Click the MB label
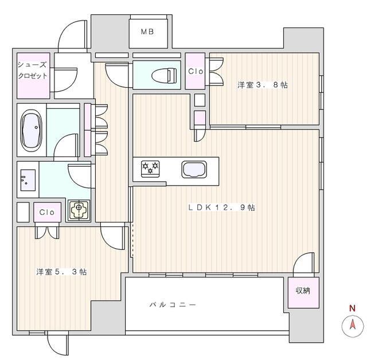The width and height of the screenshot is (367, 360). pyautogui.click(x=147, y=32)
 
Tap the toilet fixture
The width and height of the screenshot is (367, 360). pyautogui.click(x=164, y=75)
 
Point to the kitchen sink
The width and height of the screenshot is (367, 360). pyautogui.click(x=194, y=170)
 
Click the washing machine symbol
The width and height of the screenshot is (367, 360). pyautogui.click(x=79, y=210)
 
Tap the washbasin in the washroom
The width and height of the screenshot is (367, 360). pyautogui.click(x=28, y=180)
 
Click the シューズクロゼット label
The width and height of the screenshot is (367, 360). pyautogui.click(x=33, y=70)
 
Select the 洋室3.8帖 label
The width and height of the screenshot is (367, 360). pyautogui.click(x=263, y=85)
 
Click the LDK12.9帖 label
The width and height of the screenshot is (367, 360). pyautogui.click(x=222, y=208)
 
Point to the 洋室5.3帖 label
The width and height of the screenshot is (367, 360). pyautogui.click(x=61, y=272)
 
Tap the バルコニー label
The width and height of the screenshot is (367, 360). pyautogui.click(x=173, y=304)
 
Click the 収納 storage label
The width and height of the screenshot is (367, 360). pyautogui.click(x=303, y=291)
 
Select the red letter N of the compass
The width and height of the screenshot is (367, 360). pyautogui.click(x=352, y=308)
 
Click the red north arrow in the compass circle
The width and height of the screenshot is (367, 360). pyautogui.click(x=353, y=324)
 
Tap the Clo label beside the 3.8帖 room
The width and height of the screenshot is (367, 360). pyautogui.click(x=196, y=71)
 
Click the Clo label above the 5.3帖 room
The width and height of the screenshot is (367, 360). pyautogui.click(x=47, y=212)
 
